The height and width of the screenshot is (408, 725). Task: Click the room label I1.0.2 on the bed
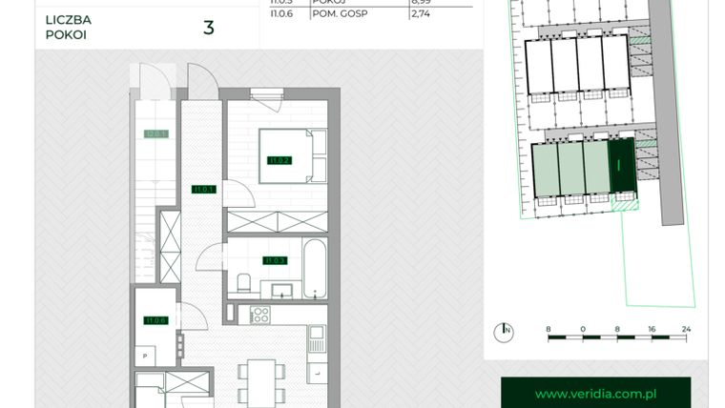[280, 160]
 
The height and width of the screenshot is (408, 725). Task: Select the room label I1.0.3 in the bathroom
[276, 260]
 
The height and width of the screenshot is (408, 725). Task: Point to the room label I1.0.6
[155, 320]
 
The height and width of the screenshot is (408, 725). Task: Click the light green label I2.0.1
[155, 134]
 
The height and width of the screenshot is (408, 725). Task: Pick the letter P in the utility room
[145, 356]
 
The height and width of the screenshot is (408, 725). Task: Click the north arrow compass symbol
[503, 331]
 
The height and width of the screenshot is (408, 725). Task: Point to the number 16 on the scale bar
[651, 329]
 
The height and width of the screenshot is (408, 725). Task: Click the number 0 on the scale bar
[582, 329]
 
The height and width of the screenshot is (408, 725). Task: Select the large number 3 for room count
[208, 27]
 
